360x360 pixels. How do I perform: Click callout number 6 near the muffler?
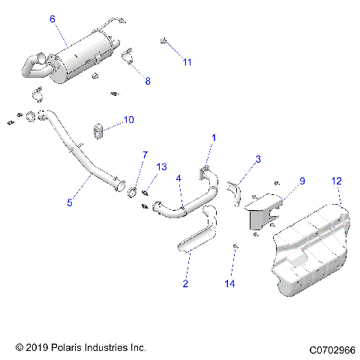pyautogui.click(x=52, y=19)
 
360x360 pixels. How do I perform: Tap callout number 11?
pyautogui.click(x=187, y=61)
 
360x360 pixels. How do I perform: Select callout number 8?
pyautogui.click(x=147, y=81)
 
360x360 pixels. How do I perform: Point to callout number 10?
pyautogui.click(x=128, y=119)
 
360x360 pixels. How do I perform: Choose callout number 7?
pyautogui.click(x=145, y=155)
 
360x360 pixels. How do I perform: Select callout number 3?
pyautogui.click(x=257, y=159)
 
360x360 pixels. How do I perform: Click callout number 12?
pyautogui.click(x=337, y=181)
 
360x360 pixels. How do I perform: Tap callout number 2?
pyautogui.click(x=185, y=283)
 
